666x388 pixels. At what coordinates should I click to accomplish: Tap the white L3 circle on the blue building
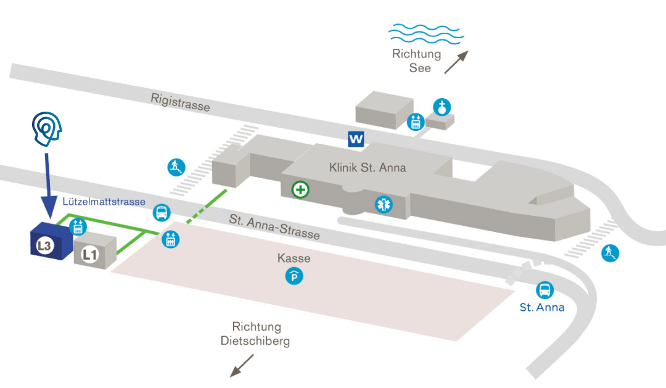(44, 247)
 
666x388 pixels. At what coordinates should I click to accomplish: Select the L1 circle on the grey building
(90, 254)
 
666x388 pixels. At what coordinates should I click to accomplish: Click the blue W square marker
(356, 139)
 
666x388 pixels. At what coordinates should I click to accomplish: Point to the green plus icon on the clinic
(300, 189)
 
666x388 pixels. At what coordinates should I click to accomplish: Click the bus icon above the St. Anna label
(545, 290)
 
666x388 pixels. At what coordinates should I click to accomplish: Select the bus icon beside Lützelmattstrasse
(162, 213)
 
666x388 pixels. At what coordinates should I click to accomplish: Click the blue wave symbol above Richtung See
(425, 33)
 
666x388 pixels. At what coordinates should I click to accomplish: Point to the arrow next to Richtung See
(456, 62)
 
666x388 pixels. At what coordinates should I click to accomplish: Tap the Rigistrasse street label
(180, 102)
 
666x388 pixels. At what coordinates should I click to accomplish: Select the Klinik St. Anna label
(368, 167)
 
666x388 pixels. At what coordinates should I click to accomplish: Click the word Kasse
(294, 258)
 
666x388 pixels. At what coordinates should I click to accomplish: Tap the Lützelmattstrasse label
(104, 202)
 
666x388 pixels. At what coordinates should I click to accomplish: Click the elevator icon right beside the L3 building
(78, 226)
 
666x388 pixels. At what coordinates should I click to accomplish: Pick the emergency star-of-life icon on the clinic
(384, 204)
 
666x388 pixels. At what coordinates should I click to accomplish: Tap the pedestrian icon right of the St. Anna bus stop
(610, 252)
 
